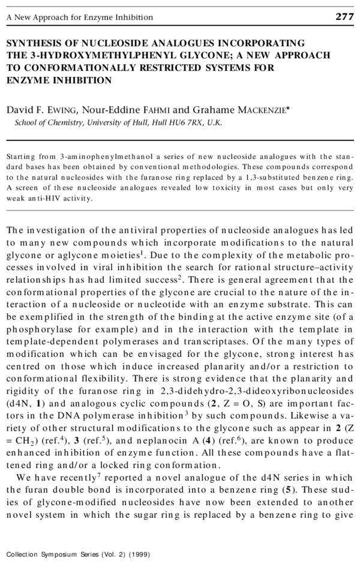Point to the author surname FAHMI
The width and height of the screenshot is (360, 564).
click(157, 110)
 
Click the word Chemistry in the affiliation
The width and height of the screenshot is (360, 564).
click(63, 122)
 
